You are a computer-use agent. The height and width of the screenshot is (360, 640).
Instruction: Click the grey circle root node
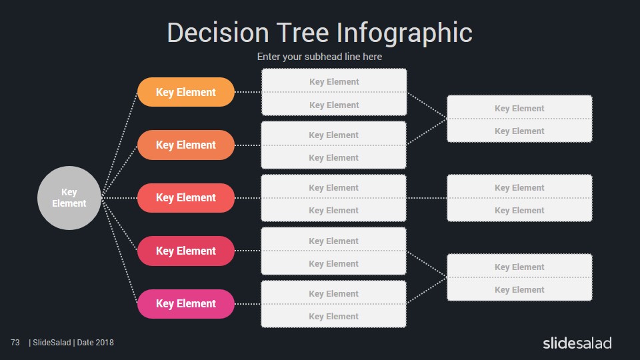coord(69,197)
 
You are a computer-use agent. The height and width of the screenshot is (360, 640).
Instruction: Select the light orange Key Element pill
coord(186,92)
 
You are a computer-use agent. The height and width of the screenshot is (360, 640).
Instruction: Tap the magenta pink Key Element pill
coord(186,304)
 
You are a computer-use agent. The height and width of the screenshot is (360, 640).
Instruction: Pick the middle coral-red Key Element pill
coord(186,197)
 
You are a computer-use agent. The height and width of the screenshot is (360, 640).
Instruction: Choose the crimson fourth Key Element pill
coord(186,251)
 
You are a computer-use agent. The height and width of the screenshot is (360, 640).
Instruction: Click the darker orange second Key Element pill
coord(186,145)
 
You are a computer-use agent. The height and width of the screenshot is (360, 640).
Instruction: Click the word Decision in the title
coord(218,33)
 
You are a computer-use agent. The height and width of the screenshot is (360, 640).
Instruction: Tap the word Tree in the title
coord(303,33)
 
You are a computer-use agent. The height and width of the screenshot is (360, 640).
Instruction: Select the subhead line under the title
coord(319,56)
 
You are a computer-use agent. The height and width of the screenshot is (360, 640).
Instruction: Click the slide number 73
coord(15,343)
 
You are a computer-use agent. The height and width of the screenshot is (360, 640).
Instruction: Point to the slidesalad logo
coord(577,343)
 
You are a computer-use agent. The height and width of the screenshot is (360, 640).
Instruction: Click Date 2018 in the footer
coord(95,343)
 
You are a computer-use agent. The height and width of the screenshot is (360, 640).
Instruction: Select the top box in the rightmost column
coord(519,119)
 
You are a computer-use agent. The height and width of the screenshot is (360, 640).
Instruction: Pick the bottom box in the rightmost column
coord(519,277)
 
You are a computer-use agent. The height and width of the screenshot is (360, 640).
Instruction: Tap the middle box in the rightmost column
coord(519,198)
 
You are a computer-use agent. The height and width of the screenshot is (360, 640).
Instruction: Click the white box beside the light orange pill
coord(334,92)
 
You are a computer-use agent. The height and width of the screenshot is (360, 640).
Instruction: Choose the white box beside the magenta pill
coord(333,304)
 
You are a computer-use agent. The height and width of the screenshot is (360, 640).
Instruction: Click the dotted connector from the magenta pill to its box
coord(248,304)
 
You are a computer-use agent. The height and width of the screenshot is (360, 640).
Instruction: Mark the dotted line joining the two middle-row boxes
coord(427,198)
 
